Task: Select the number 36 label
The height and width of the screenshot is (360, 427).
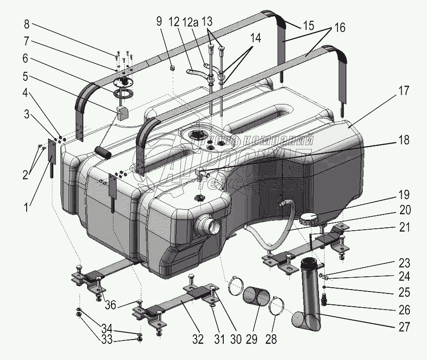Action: (x=110, y=305)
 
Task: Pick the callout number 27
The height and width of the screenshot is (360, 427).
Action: (x=404, y=328)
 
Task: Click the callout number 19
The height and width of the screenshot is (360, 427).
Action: (x=404, y=195)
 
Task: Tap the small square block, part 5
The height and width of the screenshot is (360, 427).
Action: (x=123, y=113)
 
